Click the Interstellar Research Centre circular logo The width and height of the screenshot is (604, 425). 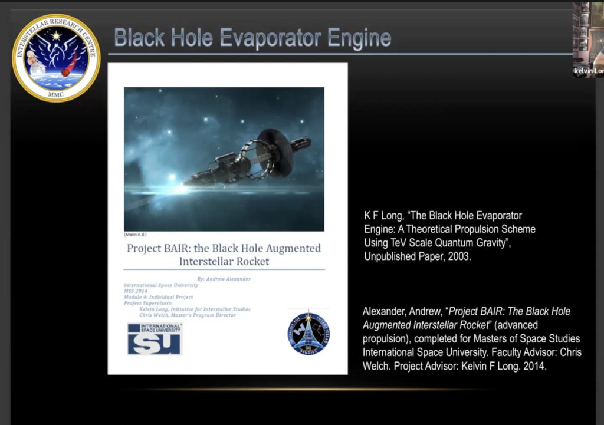pyautogui.click(x=56, y=58)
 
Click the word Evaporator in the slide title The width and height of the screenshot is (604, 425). pyautogui.click(x=254, y=38)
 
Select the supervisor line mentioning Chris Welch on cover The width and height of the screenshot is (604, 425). pyautogui.click(x=188, y=315)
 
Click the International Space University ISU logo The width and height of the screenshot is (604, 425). pyautogui.click(x=155, y=338)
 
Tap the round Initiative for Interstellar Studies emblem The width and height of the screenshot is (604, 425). pyautogui.click(x=308, y=334)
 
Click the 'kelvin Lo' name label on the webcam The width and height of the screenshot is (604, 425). pyautogui.click(x=588, y=71)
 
